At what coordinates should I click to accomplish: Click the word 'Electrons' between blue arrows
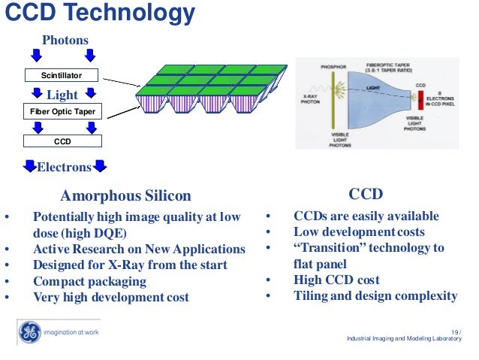[x=64, y=166]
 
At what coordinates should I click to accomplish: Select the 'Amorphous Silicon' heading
[x=125, y=196]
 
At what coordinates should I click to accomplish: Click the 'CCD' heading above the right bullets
[x=367, y=194]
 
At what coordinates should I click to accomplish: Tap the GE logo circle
[x=29, y=331]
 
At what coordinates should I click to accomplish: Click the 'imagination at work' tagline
[x=72, y=332]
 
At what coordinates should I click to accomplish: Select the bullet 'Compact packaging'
[x=89, y=281]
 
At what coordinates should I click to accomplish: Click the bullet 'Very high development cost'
[x=110, y=297]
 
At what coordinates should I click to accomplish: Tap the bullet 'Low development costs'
[x=359, y=232]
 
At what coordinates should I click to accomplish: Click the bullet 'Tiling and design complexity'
[x=375, y=296]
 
